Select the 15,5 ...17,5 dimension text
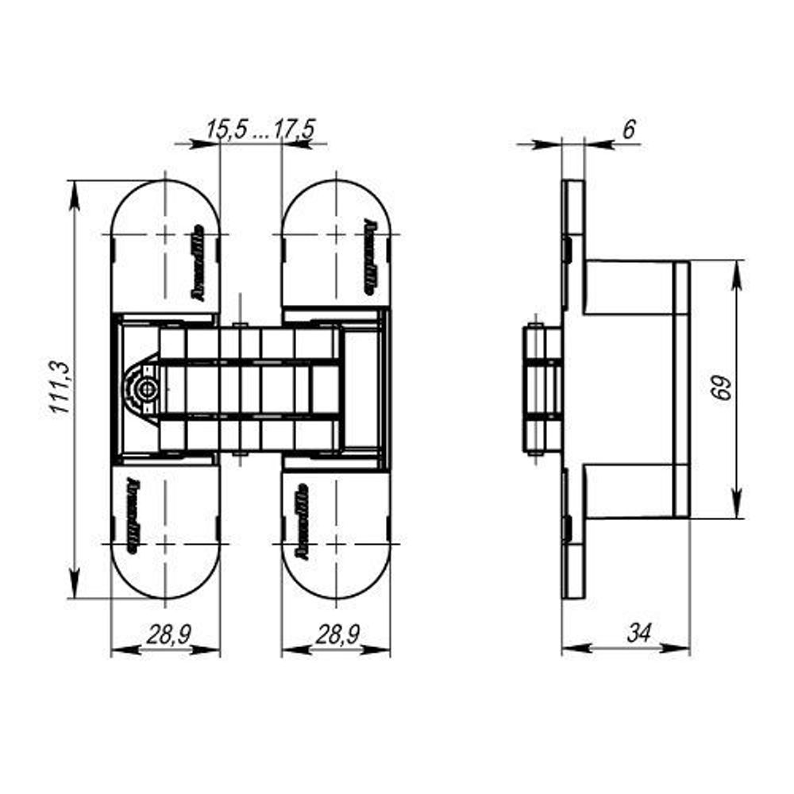(260, 129)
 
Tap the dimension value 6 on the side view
(629, 129)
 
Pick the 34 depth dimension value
(638, 633)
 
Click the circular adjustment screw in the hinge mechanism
(144, 390)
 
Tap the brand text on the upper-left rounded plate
(198, 264)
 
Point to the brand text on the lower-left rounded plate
(132, 515)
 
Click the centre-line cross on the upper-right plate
(337, 235)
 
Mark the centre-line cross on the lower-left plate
(164, 544)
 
